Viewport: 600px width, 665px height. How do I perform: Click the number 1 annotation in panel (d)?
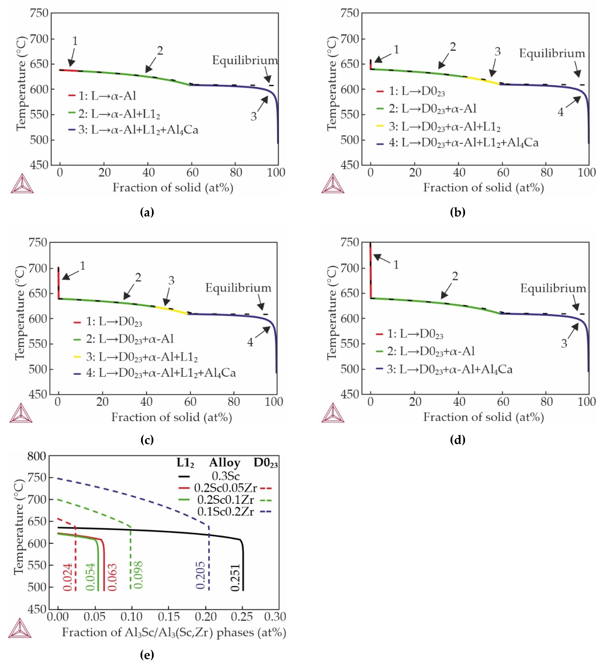click(x=396, y=265)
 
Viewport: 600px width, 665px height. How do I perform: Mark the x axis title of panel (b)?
click(x=483, y=187)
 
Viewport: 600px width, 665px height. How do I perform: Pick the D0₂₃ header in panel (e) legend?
click(x=265, y=463)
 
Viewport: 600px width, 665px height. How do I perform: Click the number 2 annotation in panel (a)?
click(x=160, y=51)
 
